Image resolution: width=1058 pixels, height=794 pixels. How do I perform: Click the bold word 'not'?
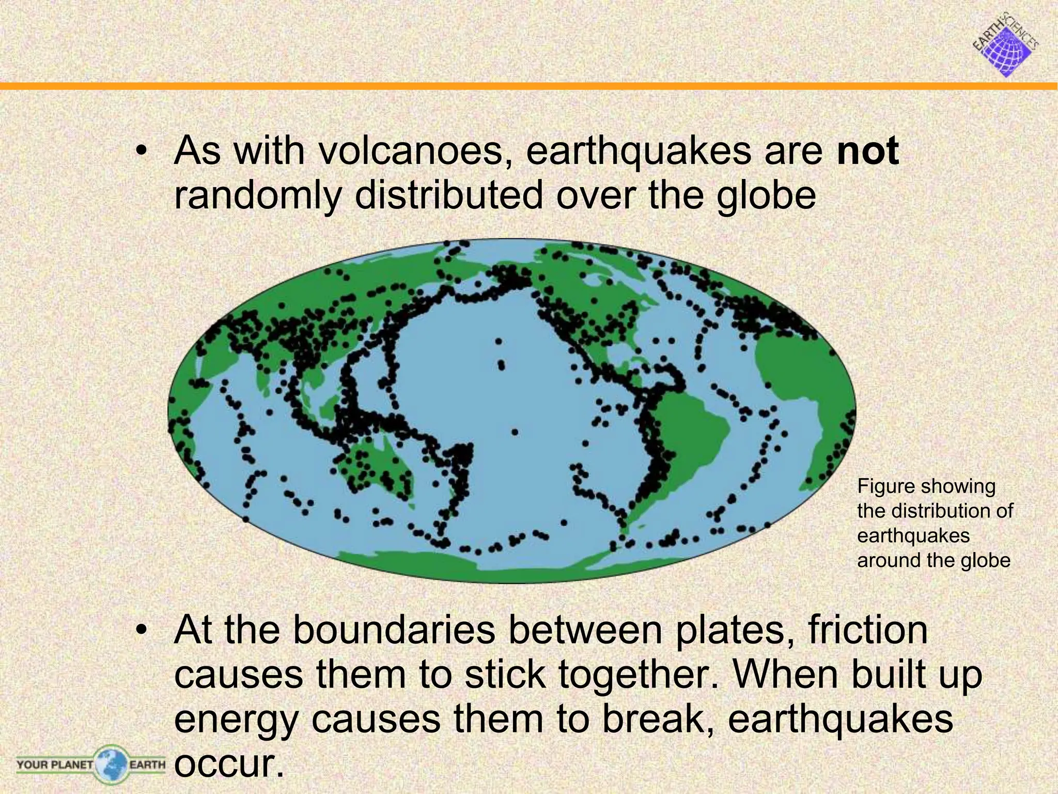click(867, 151)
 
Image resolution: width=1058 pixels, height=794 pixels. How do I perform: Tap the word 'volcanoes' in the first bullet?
click(410, 151)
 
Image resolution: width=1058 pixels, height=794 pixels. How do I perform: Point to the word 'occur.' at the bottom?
click(229, 763)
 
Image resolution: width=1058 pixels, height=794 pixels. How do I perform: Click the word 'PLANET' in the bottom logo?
click(72, 764)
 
